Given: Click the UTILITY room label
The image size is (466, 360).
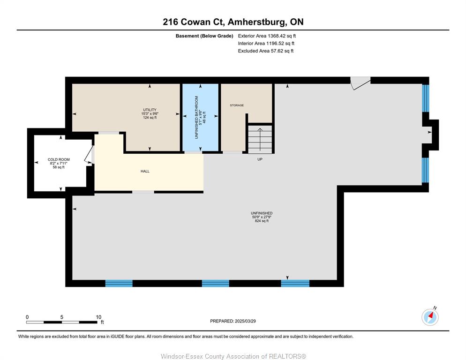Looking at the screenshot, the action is [150, 110].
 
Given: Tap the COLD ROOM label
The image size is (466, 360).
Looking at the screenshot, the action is [59, 159].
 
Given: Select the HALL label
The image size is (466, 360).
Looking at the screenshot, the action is [145, 171].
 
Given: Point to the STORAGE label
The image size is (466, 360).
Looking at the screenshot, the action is [237, 105].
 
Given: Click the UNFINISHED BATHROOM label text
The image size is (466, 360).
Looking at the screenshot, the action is [196, 117].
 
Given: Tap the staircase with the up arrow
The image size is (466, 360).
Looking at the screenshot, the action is [260, 139].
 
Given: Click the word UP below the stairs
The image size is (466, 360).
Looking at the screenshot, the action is [260, 159].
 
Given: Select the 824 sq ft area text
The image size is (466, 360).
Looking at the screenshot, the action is [262, 221].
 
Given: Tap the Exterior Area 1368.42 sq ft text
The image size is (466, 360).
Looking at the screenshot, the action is [267, 36].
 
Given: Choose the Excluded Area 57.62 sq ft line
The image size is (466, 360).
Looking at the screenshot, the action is [266, 51].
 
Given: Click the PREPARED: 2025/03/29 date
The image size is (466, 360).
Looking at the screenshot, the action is [233, 321].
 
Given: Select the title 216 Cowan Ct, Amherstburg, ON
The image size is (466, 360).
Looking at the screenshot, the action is [233, 22].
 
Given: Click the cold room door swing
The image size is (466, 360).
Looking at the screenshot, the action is [89, 155].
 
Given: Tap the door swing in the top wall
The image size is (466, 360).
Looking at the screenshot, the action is [361, 83].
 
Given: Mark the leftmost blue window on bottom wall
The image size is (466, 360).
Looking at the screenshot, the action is [119, 283].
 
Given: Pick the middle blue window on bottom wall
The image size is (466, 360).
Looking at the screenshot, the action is [216, 283].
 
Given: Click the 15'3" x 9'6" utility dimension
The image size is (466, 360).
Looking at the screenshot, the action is [150, 113].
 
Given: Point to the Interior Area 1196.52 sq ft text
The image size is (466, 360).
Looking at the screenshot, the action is [266, 44].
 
